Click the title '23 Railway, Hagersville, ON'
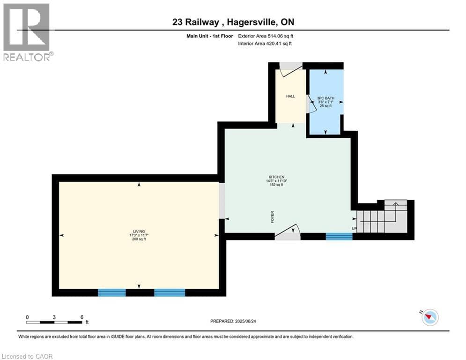[233, 22]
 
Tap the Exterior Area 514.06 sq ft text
[266, 36]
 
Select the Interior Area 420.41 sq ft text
[265, 44]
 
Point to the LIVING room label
[139, 231]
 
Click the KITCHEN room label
[276, 177]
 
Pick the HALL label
[290, 96]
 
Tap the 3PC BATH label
[325, 98]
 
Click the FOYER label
[272, 217]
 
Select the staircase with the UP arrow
[382, 217]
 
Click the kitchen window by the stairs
[339, 236]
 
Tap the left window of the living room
[112, 292]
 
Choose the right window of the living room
[170, 292]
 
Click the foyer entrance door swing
[287, 232]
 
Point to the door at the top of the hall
[291, 69]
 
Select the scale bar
[54, 322]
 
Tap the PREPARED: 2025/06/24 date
[233, 321]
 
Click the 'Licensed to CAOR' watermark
[27, 356]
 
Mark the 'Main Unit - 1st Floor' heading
[210, 36]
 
